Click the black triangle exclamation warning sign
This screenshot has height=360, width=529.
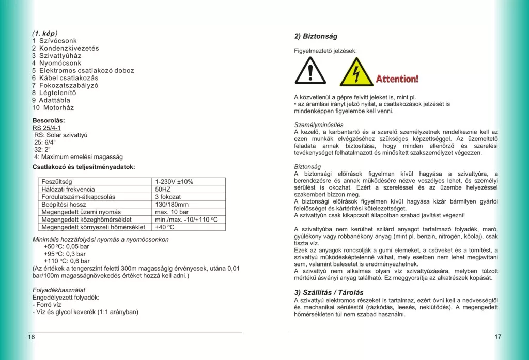tap(310, 71)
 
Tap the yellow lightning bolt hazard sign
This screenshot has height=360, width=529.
tap(356, 72)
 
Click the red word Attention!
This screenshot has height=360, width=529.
tap(397, 79)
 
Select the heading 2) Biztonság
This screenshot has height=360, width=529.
tap(316, 37)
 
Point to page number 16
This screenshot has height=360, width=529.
tap(32, 337)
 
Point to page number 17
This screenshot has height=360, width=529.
tap(497, 337)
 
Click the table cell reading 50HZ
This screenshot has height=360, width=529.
tap(163, 190)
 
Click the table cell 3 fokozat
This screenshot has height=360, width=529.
tap(168, 197)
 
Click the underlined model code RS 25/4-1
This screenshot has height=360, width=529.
tap(46, 128)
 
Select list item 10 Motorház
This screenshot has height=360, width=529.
tap(53, 108)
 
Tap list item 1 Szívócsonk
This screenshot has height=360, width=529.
tap(54, 40)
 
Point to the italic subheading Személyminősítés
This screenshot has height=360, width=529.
tap(318, 125)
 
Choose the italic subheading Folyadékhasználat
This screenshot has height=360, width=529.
tap(59, 290)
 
